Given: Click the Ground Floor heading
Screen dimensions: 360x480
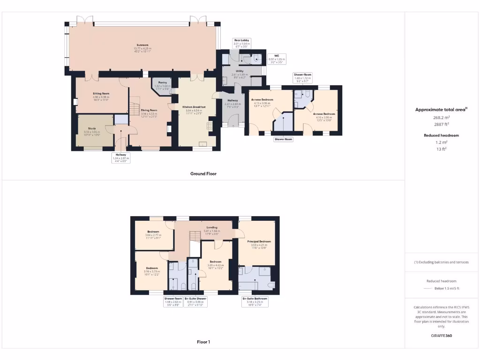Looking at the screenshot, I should pyautogui.click(x=203, y=173).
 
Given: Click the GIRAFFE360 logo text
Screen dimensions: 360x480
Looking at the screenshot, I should pyautogui.click(x=442, y=336).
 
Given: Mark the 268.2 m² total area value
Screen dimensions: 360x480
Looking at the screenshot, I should pyautogui.click(x=441, y=118).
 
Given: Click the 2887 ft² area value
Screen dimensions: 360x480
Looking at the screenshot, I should pyautogui.click(x=441, y=124).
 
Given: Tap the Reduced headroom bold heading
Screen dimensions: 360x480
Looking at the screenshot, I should pyautogui.click(x=441, y=135).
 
